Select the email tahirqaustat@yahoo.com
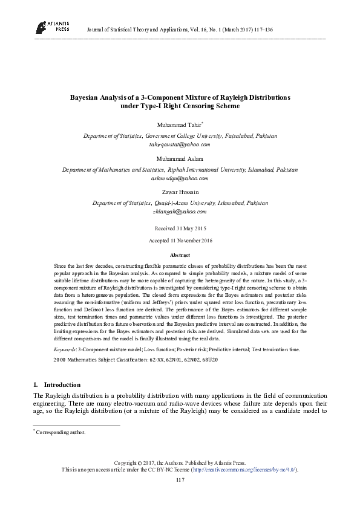(x=180, y=145)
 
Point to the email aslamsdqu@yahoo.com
(x=180, y=179)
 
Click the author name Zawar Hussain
(x=180, y=193)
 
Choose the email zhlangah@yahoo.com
(x=180, y=212)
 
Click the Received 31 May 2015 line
(x=180, y=229)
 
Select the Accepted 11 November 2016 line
(x=180, y=241)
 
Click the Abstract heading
(x=180, y=256)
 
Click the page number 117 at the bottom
(x=180, y=479)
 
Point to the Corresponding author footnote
(x=62, y=432)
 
